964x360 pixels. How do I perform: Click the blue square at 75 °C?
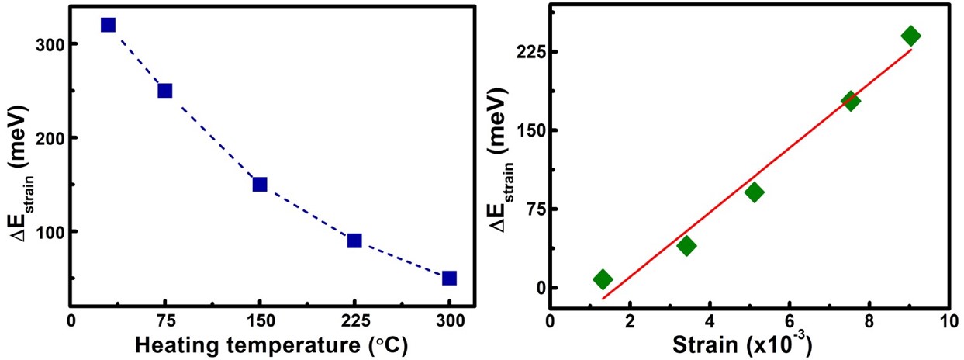point(165,91)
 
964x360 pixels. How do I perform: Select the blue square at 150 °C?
point(260,185)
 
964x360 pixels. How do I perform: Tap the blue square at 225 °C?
point(354,241)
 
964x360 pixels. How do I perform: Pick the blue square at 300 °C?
point(449,279)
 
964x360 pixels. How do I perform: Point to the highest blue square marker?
point(108,25)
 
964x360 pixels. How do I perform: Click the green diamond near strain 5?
point(754,192)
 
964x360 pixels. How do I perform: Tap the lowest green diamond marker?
point(603,279)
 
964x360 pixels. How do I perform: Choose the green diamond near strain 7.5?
point(850,101)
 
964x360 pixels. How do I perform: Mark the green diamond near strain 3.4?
point(686,245)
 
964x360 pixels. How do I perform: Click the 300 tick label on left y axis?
point(47,44)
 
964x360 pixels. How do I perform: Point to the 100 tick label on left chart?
point(47,232)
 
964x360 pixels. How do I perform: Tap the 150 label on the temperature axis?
point(260,322)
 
